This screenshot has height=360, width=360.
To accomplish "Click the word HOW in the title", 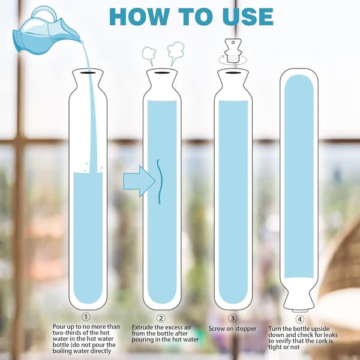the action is pos(139,17).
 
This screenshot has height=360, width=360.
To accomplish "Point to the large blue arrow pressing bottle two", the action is pos(139,181).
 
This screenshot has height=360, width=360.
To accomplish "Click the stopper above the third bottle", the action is pos(233,51).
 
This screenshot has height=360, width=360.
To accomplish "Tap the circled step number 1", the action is pos(86,317).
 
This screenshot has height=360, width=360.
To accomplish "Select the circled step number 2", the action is pos(161,318).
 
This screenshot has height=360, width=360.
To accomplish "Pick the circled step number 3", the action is pos(232,318).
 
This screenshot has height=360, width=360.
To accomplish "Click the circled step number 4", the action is pos(299,319).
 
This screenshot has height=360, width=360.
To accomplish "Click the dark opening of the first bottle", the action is pos(88,73).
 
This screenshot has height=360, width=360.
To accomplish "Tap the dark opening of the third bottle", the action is pos(233,73).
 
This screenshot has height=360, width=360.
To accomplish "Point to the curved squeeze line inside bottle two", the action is pos(160,181).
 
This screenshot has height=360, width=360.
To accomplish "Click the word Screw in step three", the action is pos(217,329).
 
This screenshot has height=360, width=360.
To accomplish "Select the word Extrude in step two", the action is pos(142,327).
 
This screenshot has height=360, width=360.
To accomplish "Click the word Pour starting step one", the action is pos(58,326).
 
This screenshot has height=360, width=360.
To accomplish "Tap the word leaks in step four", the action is pos(329,335).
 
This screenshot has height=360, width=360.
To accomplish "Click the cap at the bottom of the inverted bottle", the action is pos(299,311).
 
